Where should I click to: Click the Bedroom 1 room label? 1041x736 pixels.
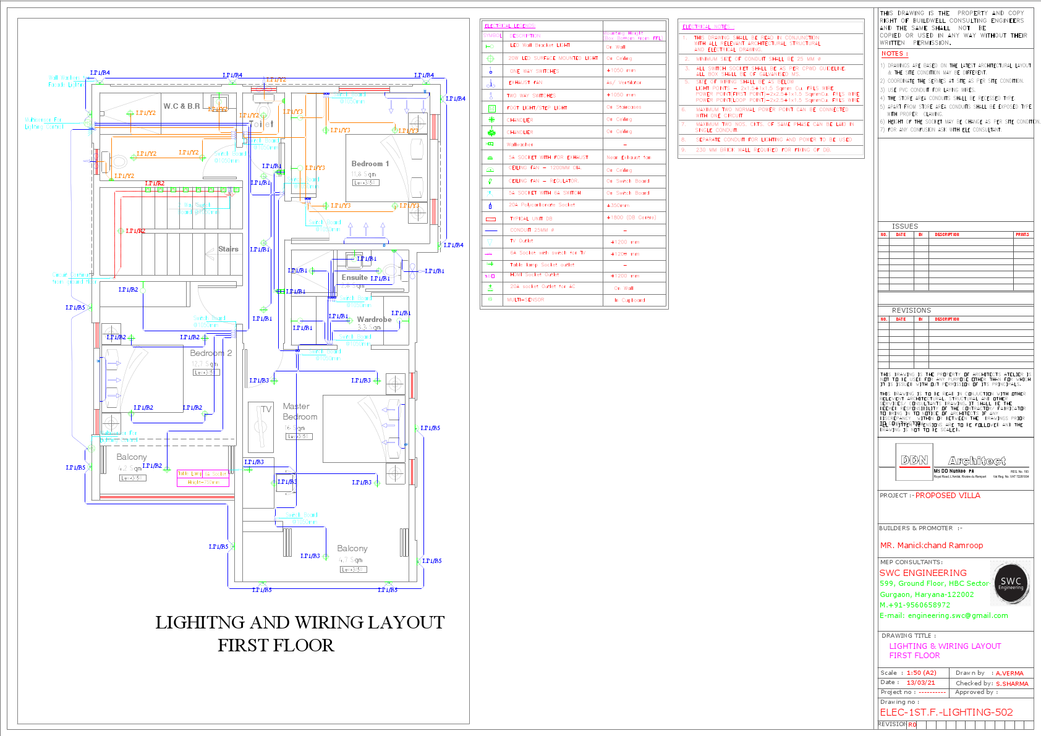[370, 164]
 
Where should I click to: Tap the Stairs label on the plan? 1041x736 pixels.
[228, 249]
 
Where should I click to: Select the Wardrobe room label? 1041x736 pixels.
[374, 319]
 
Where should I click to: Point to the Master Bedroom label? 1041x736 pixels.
[300, 412]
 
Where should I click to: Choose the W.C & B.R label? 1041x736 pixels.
[181, 106]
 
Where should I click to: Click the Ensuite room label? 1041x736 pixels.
[354, 277]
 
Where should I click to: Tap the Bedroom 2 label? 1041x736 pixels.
[211, 353]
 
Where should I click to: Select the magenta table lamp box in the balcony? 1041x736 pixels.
[203, 478]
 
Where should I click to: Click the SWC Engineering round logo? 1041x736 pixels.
[1010, 582]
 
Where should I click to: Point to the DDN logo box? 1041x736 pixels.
[914, 461]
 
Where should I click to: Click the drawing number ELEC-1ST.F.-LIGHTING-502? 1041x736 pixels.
[946, 712]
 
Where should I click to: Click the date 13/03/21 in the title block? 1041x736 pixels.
[920, 683]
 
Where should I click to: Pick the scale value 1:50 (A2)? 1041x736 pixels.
[921, 673]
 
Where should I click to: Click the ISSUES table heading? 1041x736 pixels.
[904, 226]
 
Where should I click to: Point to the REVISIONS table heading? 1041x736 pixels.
[911, 310]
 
